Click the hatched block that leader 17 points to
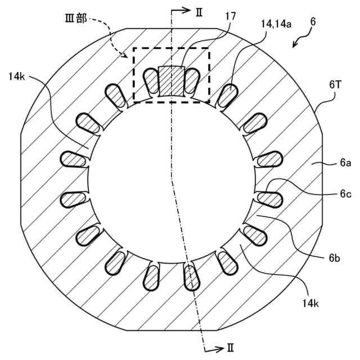tap(171, 80)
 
